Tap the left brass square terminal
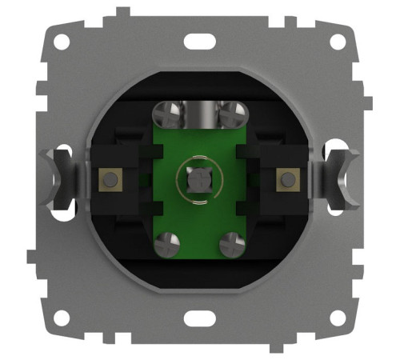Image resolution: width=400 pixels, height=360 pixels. (106, 179)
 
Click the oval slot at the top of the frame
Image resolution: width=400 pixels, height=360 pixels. (195, 40)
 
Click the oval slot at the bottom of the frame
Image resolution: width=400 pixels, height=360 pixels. (195, 318)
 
